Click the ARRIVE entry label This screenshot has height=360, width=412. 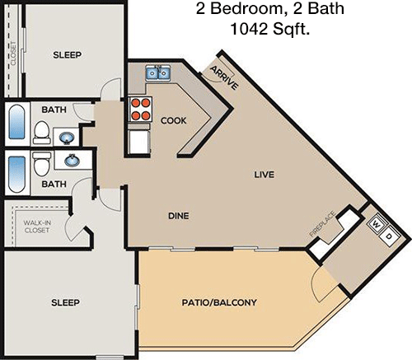[x=224, y=77]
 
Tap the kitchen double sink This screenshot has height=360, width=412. [x=158, y=72]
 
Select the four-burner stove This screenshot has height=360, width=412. [x=140, y=110]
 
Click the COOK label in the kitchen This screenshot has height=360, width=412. [x=173, y=120]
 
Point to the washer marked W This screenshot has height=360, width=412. [x=377, y=225]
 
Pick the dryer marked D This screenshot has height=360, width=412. [x=388, y=236]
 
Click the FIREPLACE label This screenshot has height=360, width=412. [x=322, y=224]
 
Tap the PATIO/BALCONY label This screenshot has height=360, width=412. [x=219, y=302]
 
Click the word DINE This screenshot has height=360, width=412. [x=179, y=216]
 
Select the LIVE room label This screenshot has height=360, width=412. [x=264, y=175]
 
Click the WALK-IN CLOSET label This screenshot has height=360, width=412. [x=37, y=227]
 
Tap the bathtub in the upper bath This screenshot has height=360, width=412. [x=17, y=122]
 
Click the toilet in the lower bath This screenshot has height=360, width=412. [x=41, y=164]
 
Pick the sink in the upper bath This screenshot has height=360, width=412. [x=67, y=138]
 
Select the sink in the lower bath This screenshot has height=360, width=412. [x=73, y=160]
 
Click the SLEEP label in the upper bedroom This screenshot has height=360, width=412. [x=68, y=55]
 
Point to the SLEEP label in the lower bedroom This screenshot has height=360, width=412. [x=65, y=302]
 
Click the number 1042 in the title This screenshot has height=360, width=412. [x=249, y=29]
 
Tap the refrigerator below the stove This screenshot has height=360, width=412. [x=139, y=143]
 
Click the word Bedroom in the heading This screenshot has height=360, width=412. [x=247, y=8]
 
